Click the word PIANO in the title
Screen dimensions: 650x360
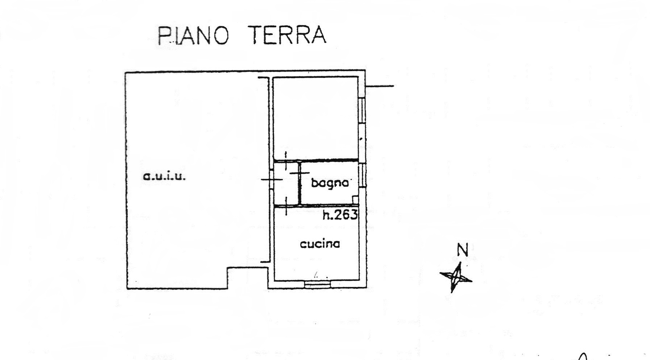(193, 35)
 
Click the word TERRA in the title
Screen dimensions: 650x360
(289, 35)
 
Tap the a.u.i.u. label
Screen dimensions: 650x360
(165, 177)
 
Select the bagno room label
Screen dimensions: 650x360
(330, 183)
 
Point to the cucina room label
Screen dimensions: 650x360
(320, 244)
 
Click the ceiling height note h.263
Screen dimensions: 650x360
(340, 215)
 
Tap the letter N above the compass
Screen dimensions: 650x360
(462, 250)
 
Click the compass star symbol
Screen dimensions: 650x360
(456, 277)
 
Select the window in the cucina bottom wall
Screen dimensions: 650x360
(318, 285)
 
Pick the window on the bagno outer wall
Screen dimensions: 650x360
(362, 175)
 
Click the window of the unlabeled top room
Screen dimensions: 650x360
(362, 111)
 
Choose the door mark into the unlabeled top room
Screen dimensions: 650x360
(286, 161)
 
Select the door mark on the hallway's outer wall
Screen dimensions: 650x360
(272, 179)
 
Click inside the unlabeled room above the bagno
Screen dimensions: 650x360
(315, 118)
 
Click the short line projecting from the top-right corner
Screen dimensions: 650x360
(380, 86)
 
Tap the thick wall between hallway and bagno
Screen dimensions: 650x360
(300, 183)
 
